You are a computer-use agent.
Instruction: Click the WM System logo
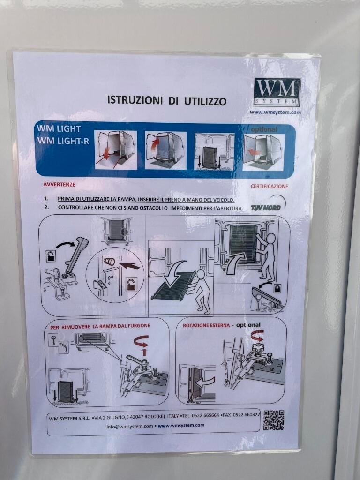coord(277,92)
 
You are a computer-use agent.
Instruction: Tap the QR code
coord(274,420)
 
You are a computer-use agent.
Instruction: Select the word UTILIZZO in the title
coord(205,101)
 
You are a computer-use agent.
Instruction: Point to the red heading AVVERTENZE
coord(59,185)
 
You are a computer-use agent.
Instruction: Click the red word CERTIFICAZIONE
coord(270,186)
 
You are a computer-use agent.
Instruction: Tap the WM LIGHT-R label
coord(63,141)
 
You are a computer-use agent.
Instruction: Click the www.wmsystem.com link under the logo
coord(275,112)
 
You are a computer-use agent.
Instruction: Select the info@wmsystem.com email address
coord(130,426)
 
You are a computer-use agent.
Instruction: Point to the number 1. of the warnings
coord(46,199)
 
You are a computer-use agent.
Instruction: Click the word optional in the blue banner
coord(264,129)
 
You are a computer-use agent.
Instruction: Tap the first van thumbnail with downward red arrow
coord(116,150)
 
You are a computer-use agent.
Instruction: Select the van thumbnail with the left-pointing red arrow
coord(263,152)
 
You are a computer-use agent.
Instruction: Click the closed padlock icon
coord(277,288)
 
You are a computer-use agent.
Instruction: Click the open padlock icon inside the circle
coord(132,285)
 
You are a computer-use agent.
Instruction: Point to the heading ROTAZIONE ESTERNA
coord(206,325)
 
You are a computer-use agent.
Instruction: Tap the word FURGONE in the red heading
coord(140,326)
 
